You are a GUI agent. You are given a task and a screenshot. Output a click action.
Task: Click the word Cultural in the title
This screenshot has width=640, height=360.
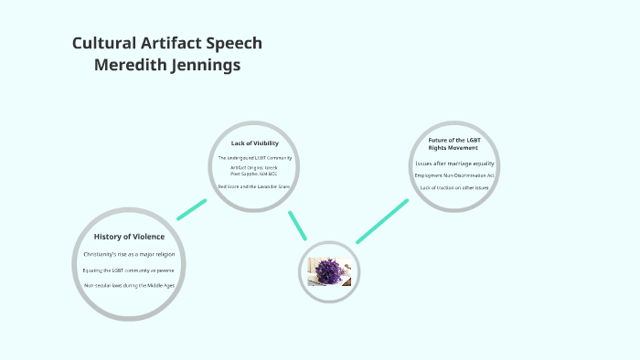tap(102, 44)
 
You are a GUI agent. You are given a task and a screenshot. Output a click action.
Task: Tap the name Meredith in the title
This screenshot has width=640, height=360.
tap(137, 66)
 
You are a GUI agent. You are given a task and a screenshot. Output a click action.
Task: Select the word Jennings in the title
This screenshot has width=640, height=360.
tap(210, 66)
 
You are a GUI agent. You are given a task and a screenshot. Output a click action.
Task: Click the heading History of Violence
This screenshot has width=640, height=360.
tap(129, 237)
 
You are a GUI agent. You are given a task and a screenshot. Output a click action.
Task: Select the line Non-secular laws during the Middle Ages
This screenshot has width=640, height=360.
tap(129, 285)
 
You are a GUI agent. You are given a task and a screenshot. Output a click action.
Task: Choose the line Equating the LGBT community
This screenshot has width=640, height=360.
tap(129, 270)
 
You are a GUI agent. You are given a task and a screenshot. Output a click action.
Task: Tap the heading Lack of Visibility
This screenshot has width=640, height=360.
tap(255, 143)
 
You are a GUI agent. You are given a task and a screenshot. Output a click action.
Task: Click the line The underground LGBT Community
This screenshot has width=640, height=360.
tap(255, 158)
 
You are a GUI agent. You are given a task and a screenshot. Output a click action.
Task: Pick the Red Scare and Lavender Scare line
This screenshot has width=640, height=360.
tap(255, 185)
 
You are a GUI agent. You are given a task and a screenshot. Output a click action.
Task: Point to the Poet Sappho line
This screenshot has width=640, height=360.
tap(255, 173)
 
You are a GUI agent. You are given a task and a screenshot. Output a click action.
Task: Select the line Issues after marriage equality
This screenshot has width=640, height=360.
tap(454, 163)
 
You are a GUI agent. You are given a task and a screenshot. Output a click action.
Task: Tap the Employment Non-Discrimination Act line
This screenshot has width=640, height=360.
tap(454, 175)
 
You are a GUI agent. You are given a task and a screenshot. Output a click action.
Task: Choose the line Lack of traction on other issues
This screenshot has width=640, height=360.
tap(454, 187)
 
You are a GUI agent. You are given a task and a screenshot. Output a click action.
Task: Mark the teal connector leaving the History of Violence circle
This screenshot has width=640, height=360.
tap(192, 209)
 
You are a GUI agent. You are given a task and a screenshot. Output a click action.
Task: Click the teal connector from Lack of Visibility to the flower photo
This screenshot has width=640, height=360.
tap(297, 226)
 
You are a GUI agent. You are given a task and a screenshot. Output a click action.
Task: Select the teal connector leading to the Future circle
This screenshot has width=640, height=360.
tap(382, 221)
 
